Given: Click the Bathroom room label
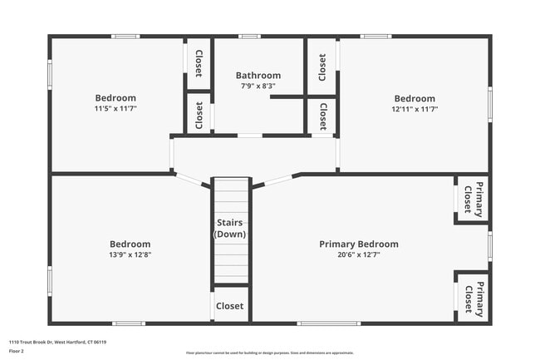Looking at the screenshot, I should pyautogui.click(x=258, y=75).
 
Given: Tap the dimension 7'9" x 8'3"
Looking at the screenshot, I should pyautogui.click(x=258, y=86).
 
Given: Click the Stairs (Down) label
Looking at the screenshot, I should pyautogui.click(x=230, y=229).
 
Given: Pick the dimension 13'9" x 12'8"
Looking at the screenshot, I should pyautogui.click(x=130, y=254).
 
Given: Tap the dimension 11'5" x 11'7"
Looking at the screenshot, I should pyautogui.click(x=115, y=109).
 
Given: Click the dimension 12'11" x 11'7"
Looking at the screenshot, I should pyautogui.click(x=415, y=109).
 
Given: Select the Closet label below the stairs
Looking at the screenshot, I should pyautogui.click(x=230, y=306).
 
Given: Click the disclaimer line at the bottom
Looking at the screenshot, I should pyautogui.click(x=269, y=353).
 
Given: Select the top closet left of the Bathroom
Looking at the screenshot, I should pyautogui.click(x=199, y=63).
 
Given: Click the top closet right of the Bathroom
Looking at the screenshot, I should pyautogui.click(x=322, y=67).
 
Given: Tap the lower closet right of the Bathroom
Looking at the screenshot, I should pyautogui.click(x=322, y=116).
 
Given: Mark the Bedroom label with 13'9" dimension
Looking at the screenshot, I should pyautogui.click(x=130, y=244).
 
